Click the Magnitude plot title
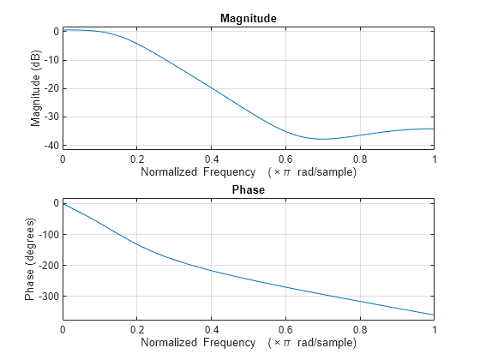pyautogui.click(x=248, y=18)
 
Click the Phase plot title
pyautogui.click(x=248, y=189)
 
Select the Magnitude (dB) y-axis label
pyautogui.click(x=36, y=87)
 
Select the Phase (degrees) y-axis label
pyautogui.click(x=31, y=259)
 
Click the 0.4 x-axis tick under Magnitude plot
pyautogui.click(x=211, y=159)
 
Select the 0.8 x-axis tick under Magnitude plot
pyautogui.click(x=359, y=159)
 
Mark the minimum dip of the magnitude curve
pyautogui.click(x=322, y=139)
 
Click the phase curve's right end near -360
pyautogui.click(x=433, y=315)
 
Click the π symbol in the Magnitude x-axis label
pyautogui.click(x=285, y=172)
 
